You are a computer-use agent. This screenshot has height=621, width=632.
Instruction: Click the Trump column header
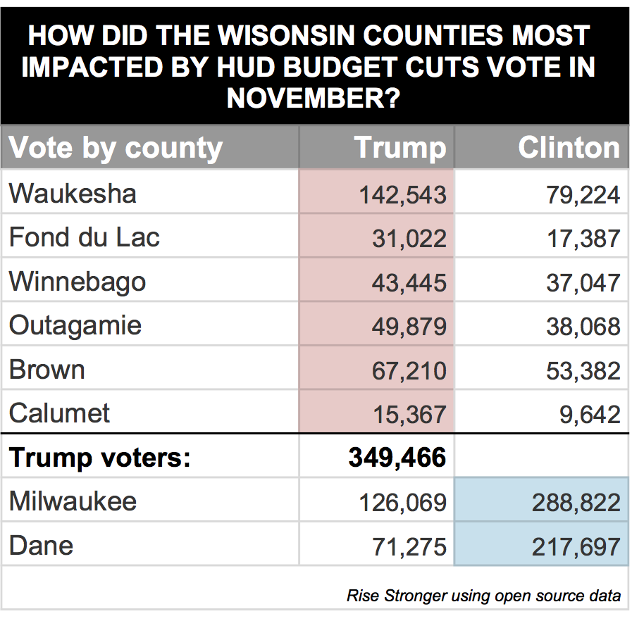coord(399,148)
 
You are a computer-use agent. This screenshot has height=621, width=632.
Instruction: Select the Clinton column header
coord(569,148)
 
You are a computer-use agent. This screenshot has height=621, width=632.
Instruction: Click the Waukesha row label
coord(73,194)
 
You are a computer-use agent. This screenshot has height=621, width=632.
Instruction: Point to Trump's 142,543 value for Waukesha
coord(402,195)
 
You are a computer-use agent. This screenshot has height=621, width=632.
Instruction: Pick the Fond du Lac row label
coord(85,237)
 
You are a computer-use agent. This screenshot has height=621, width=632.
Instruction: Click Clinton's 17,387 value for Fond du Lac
coord(583,239)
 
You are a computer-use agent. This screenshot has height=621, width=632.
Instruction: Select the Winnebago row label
coord(78,282)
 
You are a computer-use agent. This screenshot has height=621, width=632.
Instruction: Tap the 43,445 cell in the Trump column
coord(409,283)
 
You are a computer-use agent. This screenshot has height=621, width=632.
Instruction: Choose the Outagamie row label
coord(75,325)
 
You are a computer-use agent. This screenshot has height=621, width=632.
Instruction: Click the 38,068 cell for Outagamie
coord(583,327)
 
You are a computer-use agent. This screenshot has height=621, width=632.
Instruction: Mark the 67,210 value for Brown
coord(409,370)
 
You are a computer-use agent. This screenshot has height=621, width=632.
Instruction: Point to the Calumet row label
coord(60,413)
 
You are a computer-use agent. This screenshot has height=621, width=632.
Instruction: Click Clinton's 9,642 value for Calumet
coord(590,414)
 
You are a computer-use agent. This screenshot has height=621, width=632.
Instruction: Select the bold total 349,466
coord(397,458)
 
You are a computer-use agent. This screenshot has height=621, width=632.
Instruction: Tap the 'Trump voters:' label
coord(100,458)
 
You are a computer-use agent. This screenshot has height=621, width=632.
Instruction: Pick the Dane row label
coord(41,545)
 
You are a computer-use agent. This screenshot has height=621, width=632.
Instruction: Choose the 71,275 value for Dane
coord(409,546)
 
